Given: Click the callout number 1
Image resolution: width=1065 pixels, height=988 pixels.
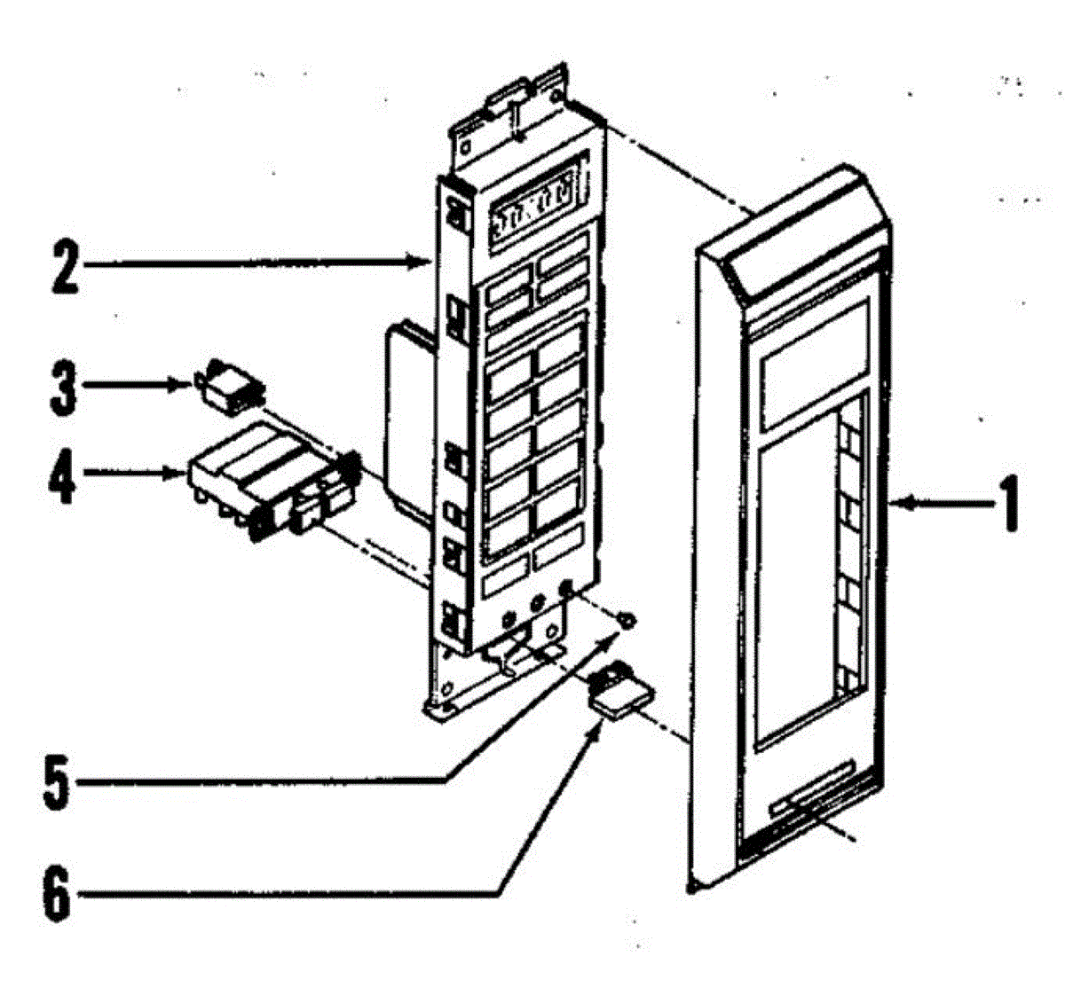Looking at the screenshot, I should tap(1010, 504).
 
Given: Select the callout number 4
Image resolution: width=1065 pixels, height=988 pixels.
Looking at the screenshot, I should tap(60, 474).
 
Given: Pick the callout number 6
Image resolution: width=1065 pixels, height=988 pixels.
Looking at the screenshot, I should tap(57, 896).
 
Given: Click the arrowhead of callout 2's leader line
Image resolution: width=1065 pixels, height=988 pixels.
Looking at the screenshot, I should tap(426, 262).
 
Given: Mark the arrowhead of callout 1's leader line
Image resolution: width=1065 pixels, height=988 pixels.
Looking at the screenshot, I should tap(898, 504).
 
